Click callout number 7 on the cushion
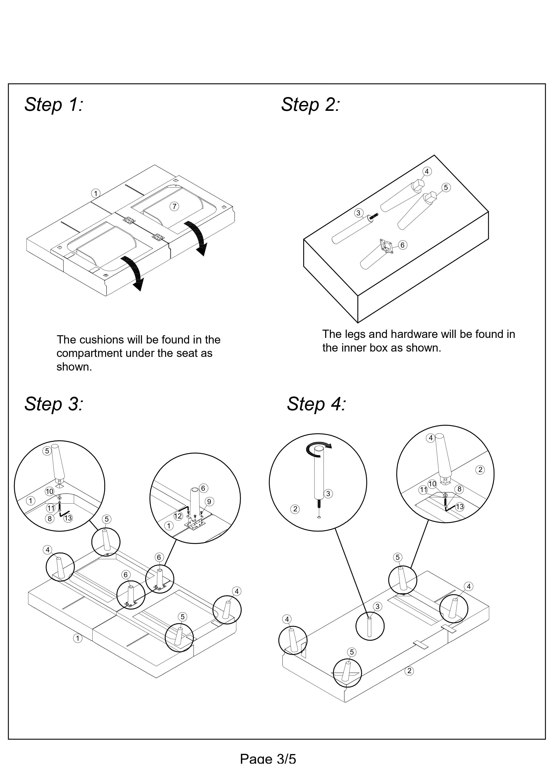174,206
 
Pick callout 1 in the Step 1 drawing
96,193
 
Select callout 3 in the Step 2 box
358,213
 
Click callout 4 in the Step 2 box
427,171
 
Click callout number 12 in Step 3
178,516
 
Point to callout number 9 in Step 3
209,502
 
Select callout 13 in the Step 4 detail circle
460,507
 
